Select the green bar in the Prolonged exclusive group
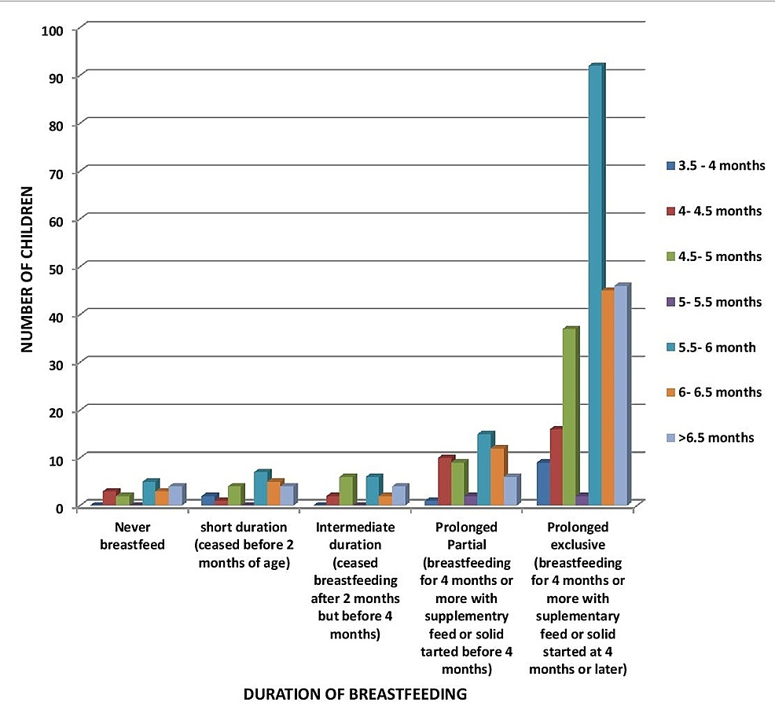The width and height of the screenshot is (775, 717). [x=570, y=417]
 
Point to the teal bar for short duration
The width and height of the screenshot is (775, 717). [x=261, y=488]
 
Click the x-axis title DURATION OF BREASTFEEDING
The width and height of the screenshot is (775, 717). [x=355, y=694]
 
